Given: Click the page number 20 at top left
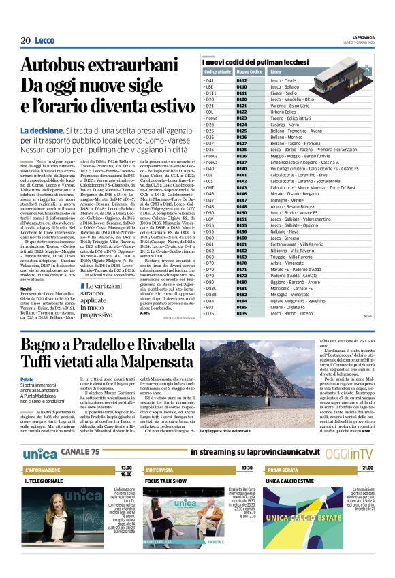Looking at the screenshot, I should [x=25, y=41].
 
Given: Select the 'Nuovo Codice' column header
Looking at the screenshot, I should [x=249, y=71].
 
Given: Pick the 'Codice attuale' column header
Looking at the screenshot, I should [x=217, y=71].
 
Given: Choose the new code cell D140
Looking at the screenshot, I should [x=242, y=168].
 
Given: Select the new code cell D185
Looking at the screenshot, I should [x=242, y=313].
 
